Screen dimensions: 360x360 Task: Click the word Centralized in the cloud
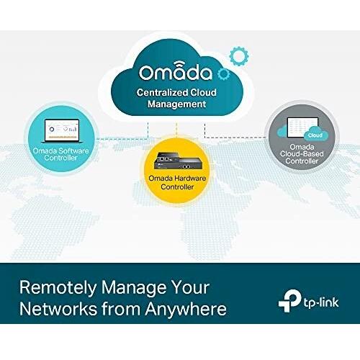(162, 92)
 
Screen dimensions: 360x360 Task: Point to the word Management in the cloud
(176, 104)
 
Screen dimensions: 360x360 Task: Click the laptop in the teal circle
(62, 131)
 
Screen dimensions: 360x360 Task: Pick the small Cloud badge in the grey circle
(315, 135)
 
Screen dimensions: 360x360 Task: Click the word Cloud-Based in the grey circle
(302, 154)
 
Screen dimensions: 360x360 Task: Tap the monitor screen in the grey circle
(302, 127)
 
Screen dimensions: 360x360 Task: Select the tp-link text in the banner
(321, 302)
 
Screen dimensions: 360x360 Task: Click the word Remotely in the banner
(58, 287)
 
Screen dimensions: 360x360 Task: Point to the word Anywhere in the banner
(186, 308)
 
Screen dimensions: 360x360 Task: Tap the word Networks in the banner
(58, 308)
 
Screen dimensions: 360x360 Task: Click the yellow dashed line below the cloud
(176, 131)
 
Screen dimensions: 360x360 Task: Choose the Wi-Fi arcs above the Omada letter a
(177, 63)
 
